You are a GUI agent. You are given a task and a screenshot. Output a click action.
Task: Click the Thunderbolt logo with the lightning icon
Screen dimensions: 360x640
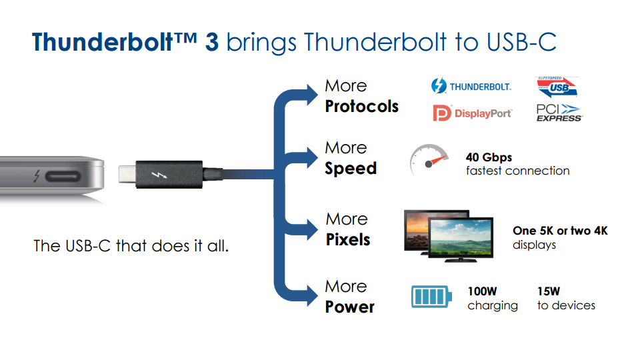pos(471,87)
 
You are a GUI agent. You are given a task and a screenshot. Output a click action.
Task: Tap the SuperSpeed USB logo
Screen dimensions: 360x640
pos(557,87)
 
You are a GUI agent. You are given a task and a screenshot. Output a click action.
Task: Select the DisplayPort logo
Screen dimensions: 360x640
pos(473,113)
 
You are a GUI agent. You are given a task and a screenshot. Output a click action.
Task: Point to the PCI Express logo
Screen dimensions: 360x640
pos(559,113)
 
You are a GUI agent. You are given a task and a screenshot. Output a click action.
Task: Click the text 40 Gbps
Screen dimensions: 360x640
pos(489,158)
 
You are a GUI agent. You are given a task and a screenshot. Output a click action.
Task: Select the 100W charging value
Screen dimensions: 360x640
pos(482,291)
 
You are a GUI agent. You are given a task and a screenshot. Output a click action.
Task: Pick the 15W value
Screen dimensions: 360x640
pos(549,291)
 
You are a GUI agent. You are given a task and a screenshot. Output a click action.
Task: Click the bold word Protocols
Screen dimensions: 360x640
pos(361,107)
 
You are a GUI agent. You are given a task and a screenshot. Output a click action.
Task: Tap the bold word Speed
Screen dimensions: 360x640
pos(351,169)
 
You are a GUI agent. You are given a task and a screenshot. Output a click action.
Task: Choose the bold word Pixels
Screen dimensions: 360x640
pos(348,239)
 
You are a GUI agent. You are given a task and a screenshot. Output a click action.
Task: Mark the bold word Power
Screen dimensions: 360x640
pos(349,307)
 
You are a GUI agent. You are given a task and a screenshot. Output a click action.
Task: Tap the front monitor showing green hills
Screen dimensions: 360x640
pos(460,237)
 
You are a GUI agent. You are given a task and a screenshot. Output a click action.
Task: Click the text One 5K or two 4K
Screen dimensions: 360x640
pos(560,231)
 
